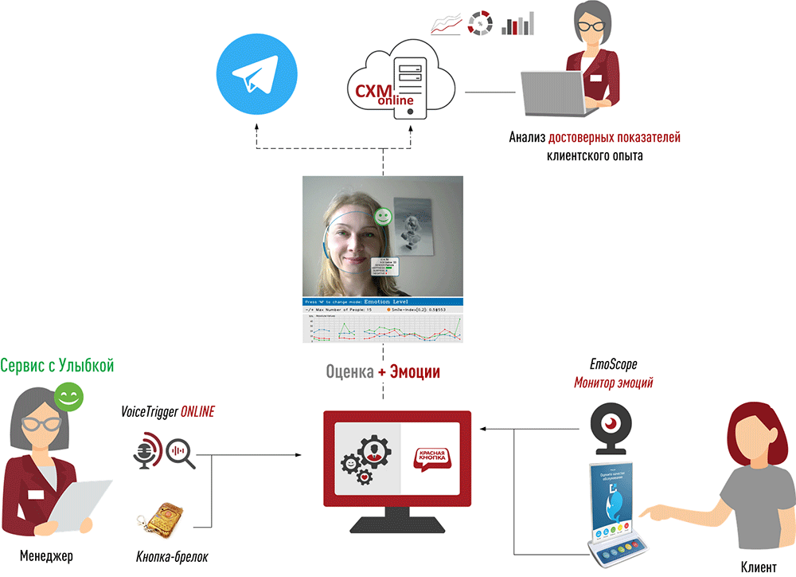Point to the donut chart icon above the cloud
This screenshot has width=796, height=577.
[x=481, y=23]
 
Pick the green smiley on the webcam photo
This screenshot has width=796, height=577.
[x=384, y=215]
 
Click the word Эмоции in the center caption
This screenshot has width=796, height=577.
[x=415, y=372]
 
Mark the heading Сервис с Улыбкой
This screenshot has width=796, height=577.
[x=57, y=366]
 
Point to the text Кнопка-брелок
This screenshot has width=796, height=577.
[x=172, y=556]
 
